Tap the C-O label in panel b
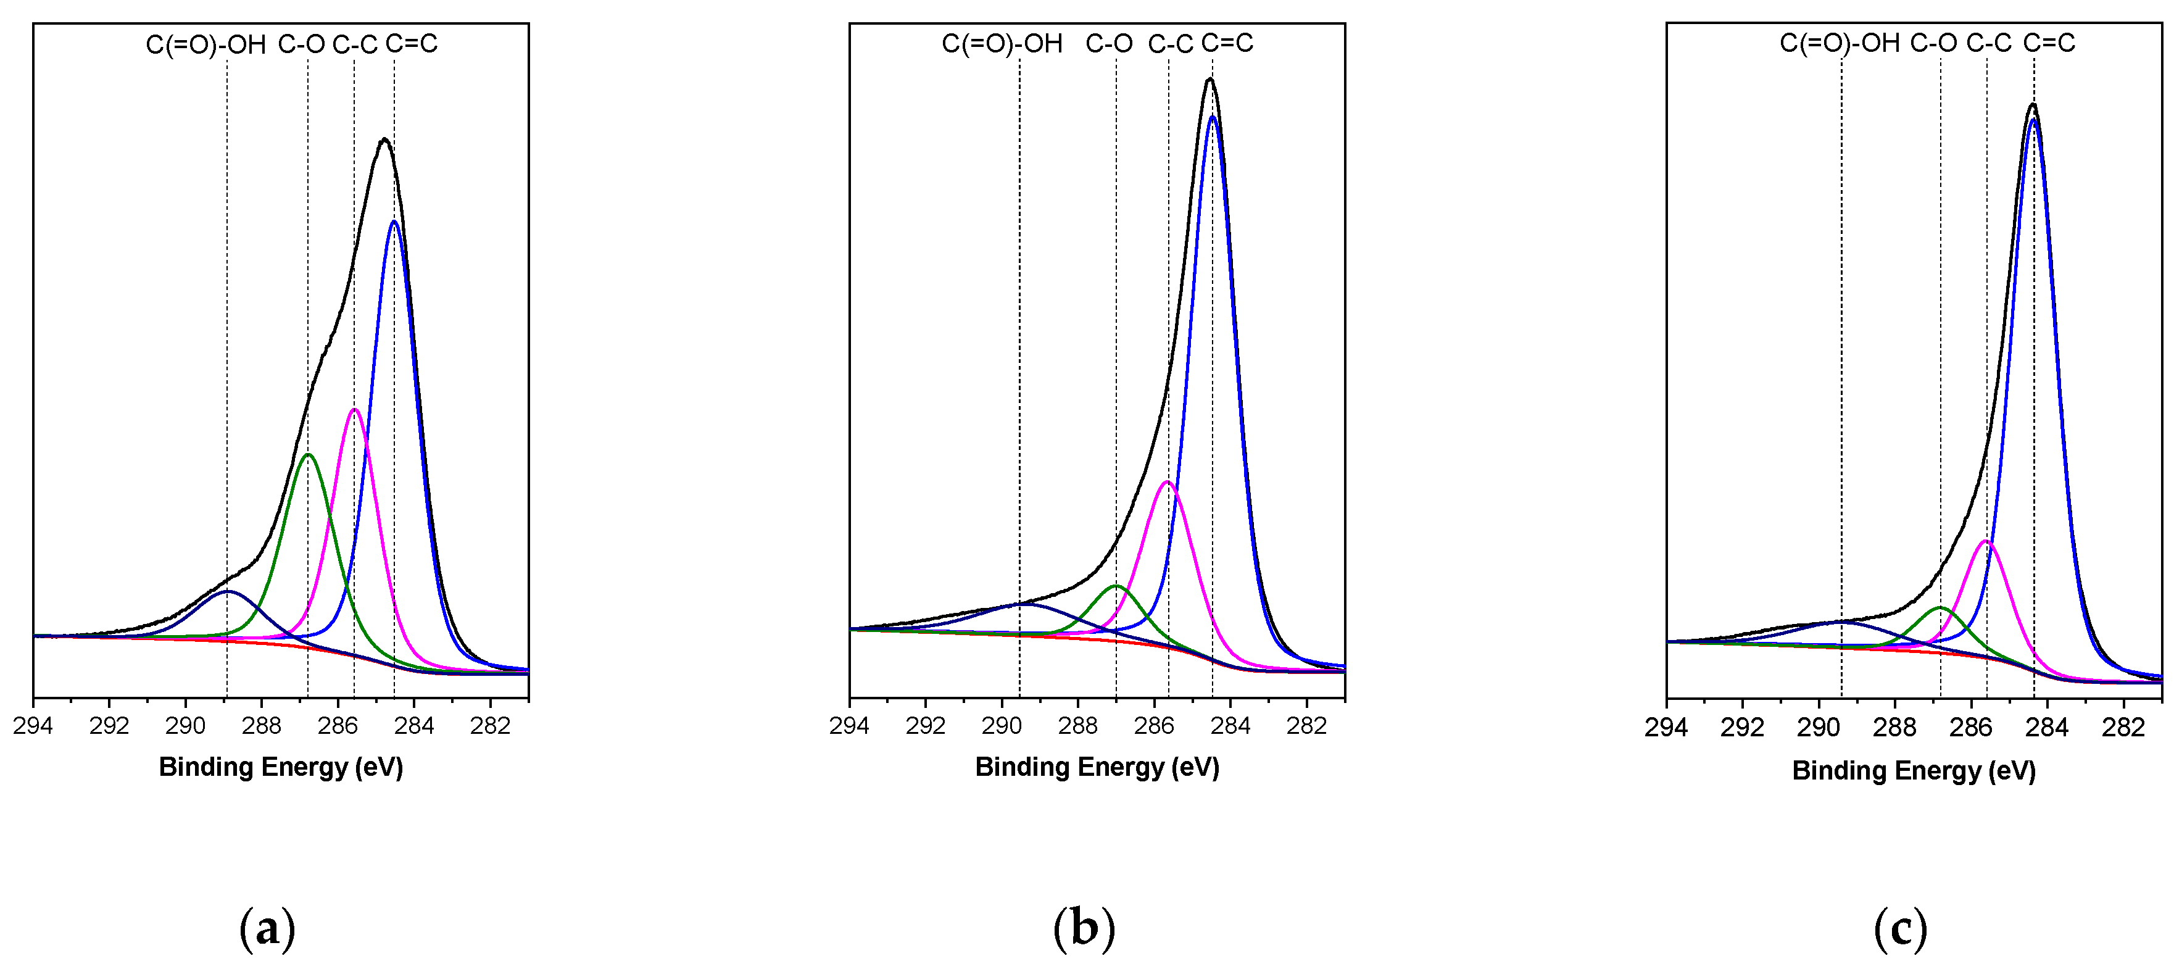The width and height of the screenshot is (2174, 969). pyautogui.click(x=1108, y=43)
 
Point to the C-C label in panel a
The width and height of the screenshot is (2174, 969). pyautogui.click(x=354, y=44)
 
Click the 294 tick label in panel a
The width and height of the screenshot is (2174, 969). pyautogui.click(x=33, y=726)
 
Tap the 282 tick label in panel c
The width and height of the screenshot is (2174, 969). pyautogui.click(x=2123, y=728)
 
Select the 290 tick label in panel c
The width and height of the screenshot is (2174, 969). pyautogui.click(x=1818, y=728)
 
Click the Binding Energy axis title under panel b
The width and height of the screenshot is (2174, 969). pyautogui.click(x=1097, y=767)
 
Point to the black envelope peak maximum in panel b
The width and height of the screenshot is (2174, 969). pyautogui.click(x=1209, y=80)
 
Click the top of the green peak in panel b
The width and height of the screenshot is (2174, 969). pyautogui.click(x=1116, y=585)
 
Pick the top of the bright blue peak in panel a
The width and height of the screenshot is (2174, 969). pyautogui.click(x=394, y=221)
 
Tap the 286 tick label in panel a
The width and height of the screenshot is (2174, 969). pyautogui.click(x=338, y=726)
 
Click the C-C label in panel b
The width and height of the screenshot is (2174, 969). pyautogui.click(x=1170, y=44)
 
